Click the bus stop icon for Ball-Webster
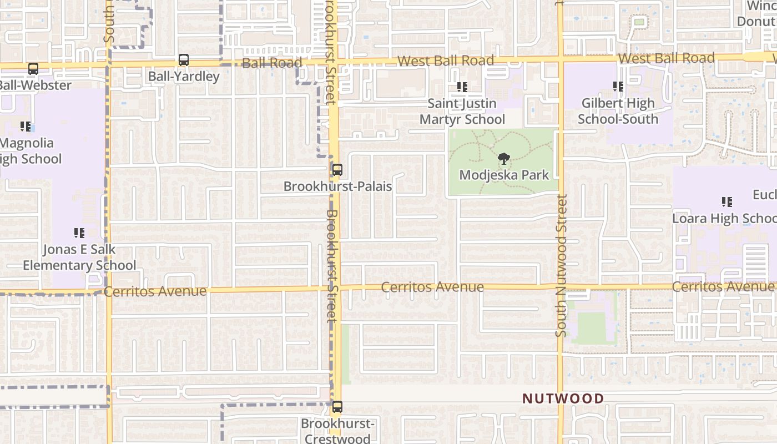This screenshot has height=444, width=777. (x=33, y=69)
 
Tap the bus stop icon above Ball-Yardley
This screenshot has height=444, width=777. (x=184, y=60)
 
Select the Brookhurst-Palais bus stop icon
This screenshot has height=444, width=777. (x=337, y=170)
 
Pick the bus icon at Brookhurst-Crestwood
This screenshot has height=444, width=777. (x=337, y=407)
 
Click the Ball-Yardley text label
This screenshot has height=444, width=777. (x=184, y=76)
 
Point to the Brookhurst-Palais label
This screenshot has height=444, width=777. (x=337, y=186)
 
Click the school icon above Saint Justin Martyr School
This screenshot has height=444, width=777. (x=462, y=87)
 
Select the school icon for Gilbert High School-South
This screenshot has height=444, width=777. (x=618, y=87)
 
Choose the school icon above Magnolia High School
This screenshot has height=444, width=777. (x=26, y=127)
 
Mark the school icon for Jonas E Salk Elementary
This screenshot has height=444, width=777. (x=79, y=233)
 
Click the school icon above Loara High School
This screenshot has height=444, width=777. (x=726, y=202)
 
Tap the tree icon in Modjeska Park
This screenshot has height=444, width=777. (x=504, y=159)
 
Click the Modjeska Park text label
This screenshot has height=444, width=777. (x=504, y=175)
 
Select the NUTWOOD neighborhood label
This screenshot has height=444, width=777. (x=563, y=398)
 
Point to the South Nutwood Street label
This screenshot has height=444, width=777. (x=562, y=265)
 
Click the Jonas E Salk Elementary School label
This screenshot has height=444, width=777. (x=79, y=257)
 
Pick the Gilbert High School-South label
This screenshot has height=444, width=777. (x=618, y=111)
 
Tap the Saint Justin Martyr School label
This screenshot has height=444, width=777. (x=462, y=112)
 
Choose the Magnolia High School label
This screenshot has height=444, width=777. (x=28, y=151)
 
